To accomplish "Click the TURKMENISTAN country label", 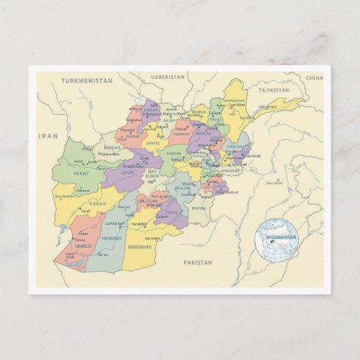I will [x=86, y=80].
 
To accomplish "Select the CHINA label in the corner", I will [x=314, y=78].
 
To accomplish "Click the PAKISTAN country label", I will [x=198, y=262].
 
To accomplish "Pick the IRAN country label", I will [x=48, y=136].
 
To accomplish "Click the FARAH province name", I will [x=98, y=202].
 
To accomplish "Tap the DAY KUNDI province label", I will [x=152, y=175].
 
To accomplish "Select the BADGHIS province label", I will [x=112, y=147].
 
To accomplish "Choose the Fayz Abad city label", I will [x=238, y=107].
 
